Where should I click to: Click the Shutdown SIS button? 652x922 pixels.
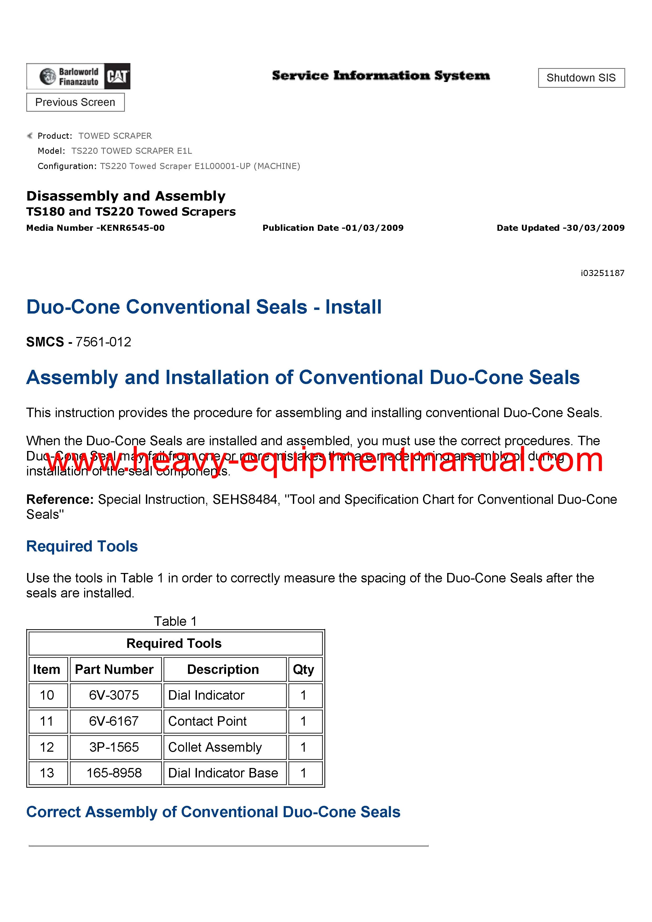[581, 78]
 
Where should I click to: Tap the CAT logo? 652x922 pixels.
[117, 76]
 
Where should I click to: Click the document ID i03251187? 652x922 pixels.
[602, 273]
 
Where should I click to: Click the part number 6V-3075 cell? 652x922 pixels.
[114, 695]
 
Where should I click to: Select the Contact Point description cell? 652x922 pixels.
[207, 721]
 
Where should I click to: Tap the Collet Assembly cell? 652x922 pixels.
[215, 747]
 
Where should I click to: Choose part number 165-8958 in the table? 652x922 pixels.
[114, 773]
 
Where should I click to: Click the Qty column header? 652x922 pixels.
[303, 669]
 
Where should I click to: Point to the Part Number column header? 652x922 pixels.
[114, 669]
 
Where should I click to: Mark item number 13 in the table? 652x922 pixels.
[47, 773]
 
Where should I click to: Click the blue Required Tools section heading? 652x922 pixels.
[82, 546]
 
